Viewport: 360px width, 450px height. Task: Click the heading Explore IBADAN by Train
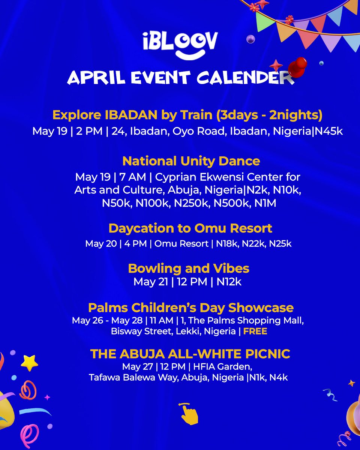(x=187, y=115)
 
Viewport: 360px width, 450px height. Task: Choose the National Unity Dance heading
(x=191, y=161)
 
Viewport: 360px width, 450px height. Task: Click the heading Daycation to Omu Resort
(x=190, y=228)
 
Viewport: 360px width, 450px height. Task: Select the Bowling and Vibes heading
(x=188, y=268)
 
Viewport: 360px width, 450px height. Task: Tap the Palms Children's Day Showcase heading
(x=190, y=308)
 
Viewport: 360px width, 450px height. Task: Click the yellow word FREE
(x=255, y=331)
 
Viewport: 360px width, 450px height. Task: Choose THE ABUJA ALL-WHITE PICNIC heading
(x=190, y=353)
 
